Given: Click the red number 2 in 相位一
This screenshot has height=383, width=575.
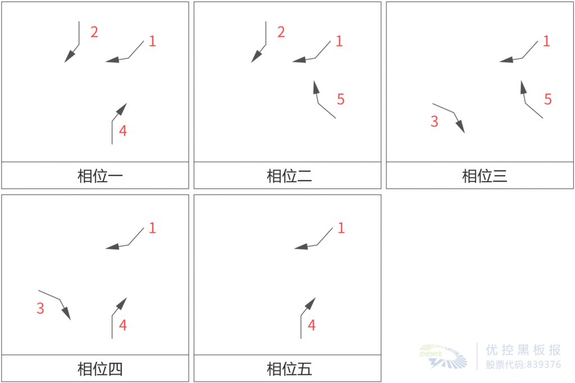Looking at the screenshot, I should (x=94, y=32).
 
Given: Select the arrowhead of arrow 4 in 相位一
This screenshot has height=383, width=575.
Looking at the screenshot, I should (x=122, y=109).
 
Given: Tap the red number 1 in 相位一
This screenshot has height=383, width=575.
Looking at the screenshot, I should (x=152, y=41).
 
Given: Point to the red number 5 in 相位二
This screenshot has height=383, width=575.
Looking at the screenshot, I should (x=340, y=100).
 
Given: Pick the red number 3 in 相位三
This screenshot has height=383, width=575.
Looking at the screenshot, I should (x=434, y=122).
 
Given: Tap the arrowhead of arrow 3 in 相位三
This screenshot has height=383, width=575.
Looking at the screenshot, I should (x=461, y=127).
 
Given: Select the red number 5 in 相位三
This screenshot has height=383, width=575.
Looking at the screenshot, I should (x=548, y=100).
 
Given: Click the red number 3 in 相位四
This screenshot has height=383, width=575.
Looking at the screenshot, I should (x=40, y=308).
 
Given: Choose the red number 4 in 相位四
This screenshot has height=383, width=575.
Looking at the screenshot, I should (x=123, y=325).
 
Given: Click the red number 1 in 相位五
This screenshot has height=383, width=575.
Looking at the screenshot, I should (x=341, y=228).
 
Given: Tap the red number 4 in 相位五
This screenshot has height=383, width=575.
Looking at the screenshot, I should (x=312, y=325).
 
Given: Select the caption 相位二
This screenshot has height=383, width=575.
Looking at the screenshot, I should (x=289, y=176).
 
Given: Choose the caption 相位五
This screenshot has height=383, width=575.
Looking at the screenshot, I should (x=289, y=369).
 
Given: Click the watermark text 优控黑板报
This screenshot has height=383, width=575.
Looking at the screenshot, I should (x=523, y=350).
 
